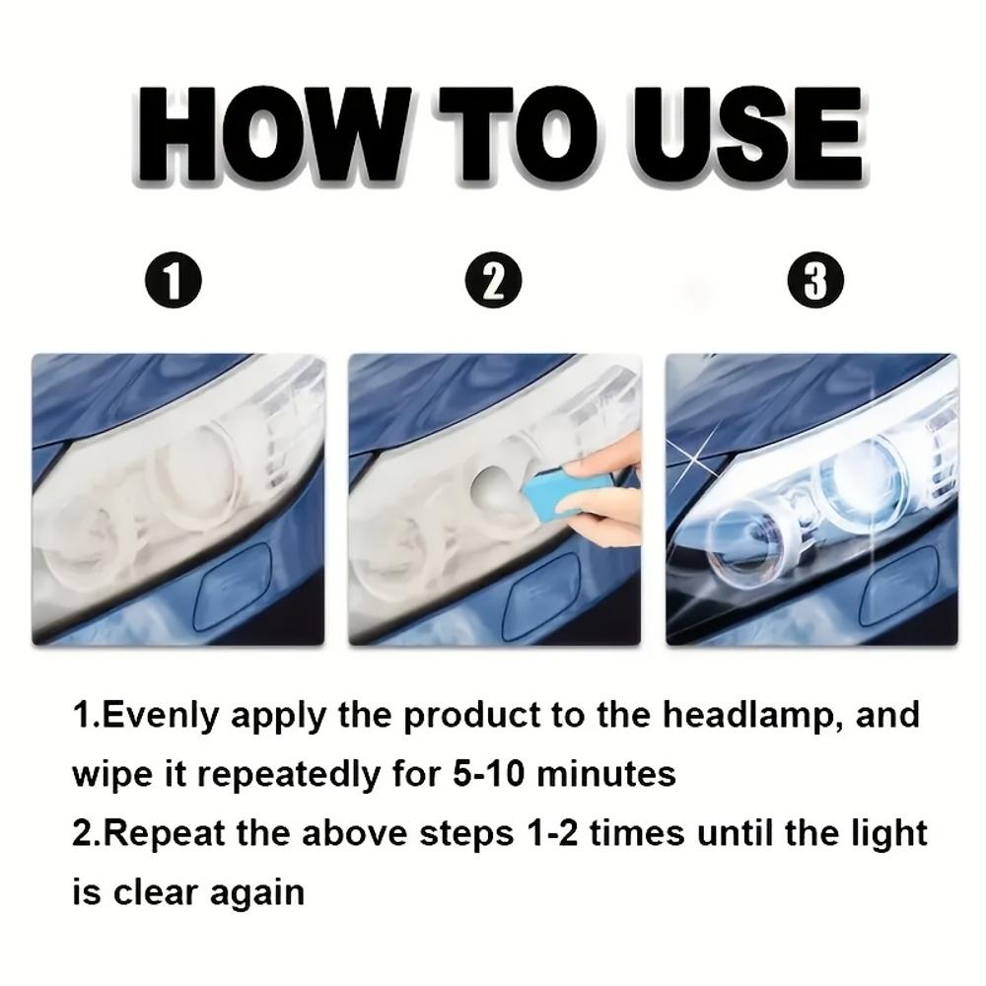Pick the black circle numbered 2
click(494, 283)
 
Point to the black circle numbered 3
click(814, 281)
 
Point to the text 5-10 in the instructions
click(483, 772)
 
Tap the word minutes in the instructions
click(611, 772)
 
